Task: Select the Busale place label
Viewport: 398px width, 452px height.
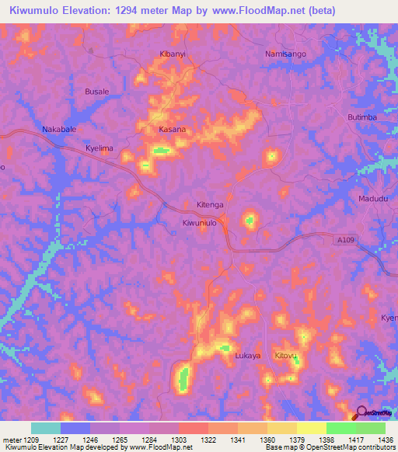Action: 96,92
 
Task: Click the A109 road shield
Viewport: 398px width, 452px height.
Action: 346,242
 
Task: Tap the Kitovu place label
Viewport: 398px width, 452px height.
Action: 286,356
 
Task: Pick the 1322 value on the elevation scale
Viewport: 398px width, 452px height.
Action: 209,440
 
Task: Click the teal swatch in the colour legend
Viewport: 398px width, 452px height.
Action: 46,428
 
